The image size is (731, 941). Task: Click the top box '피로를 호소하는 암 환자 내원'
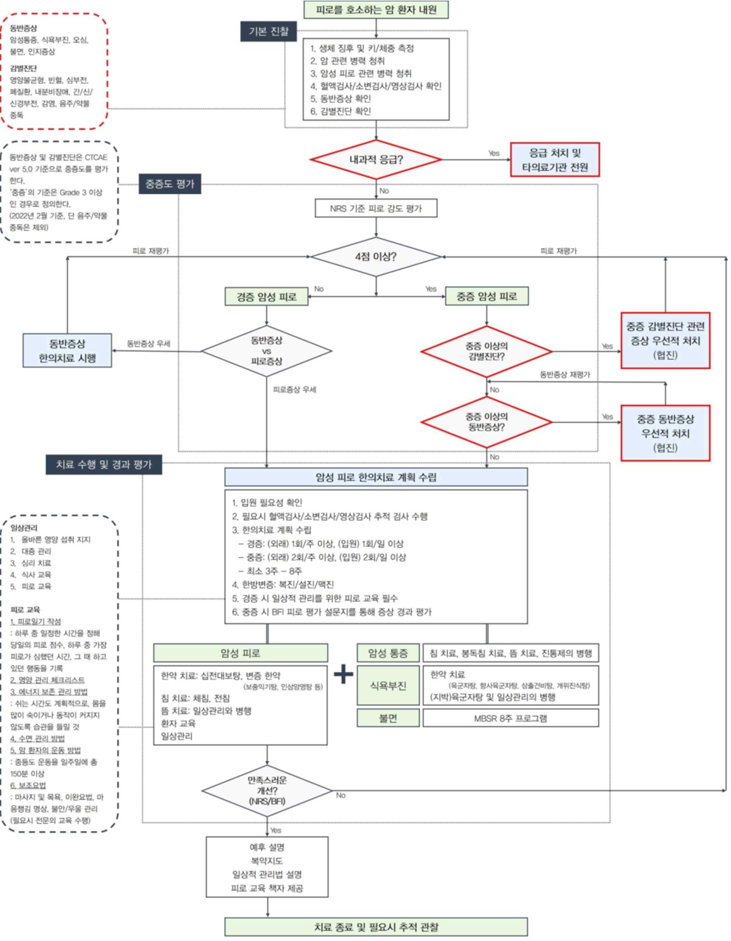click(x=376, y=9)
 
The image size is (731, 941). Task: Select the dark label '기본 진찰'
click(x=269, y=31)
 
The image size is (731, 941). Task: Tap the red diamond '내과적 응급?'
click(x=376, y=160)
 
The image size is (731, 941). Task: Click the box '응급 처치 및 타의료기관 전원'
click(x=554, y=160)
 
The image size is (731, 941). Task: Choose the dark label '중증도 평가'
click(x=170, y=184)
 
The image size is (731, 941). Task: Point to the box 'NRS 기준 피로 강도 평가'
click(x=376, y=208)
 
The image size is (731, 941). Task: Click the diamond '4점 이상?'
click(x=376, y=256)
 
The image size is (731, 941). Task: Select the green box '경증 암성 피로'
click(x=267, y=296)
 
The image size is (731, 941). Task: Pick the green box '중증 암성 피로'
click(x=486, y=296)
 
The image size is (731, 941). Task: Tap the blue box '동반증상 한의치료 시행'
click(x=68, y=351)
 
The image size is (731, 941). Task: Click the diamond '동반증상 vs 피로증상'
click(x=267, y=351)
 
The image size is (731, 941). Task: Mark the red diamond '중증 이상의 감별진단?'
click(x=486, y=351)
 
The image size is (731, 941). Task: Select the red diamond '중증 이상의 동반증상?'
click(x=486, y=422)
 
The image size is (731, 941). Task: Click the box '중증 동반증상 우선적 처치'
click(x=665, y=433)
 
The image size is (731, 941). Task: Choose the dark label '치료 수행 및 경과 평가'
click(x=104, y=464)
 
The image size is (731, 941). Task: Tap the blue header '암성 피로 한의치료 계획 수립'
click(x=376, y=477)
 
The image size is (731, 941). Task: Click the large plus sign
click(x=344, y=674)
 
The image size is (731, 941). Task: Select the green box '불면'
click(x=388, y=718)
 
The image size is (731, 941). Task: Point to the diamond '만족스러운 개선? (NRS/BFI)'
click(x=267, y=791)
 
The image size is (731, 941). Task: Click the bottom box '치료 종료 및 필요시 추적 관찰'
click(x=376, y=927)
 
